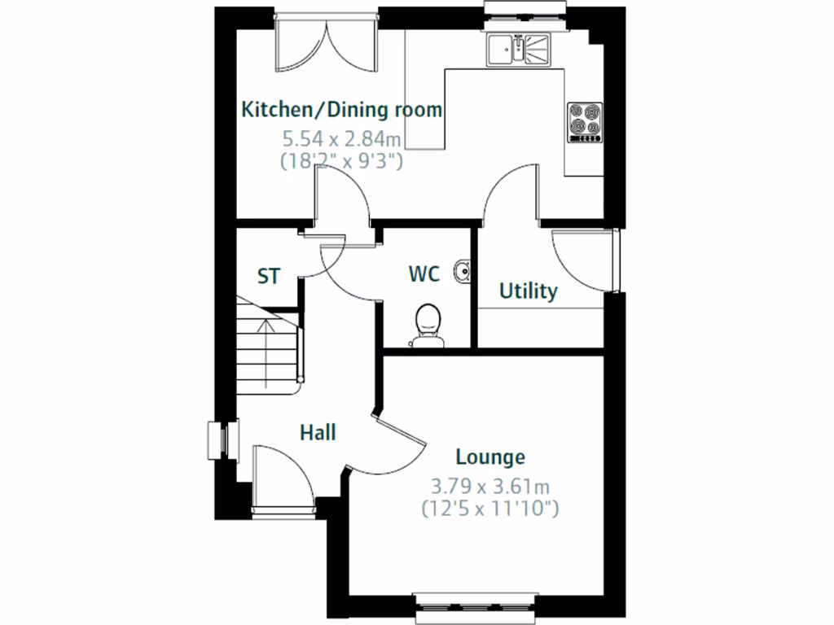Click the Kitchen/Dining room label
pyautogui.click(x=342, y=109)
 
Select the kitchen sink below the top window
pyautogui.click(x=518, y=50)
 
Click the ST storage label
pyautogui.click(x=269, y=277)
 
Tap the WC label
pyautogui.click(x=424, y=274)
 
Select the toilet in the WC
pyautogui.click(x=426, y=325)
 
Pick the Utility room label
pyautogui.click(x=528, y=291)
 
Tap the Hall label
pyautogui.click(x=318, y=432)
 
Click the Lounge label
pyautogui.click(x=489, y=457)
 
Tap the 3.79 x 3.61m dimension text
pyautogui.click(x=489, y=487)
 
